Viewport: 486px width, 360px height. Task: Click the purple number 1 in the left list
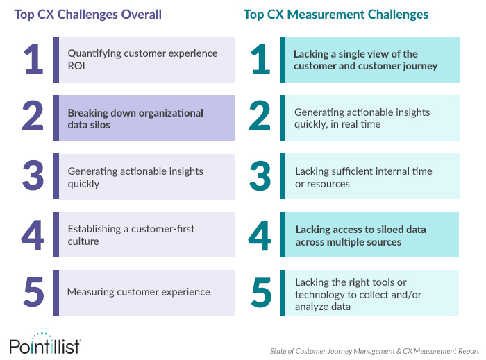pos(33,59)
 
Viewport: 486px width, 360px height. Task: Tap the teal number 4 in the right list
pos(260,236)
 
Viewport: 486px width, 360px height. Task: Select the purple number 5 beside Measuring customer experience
pos(33,292)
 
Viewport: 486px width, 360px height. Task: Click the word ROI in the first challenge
pos(76,66)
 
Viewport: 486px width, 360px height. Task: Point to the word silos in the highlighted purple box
pos(99,125)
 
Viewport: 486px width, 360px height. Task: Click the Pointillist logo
pos(45,343)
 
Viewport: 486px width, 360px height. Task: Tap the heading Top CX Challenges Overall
pos(88,15)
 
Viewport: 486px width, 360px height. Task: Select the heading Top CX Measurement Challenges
pos(336,15)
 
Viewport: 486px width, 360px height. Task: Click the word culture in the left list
pos(83,241)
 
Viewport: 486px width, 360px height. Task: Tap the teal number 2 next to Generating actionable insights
pos(260,116)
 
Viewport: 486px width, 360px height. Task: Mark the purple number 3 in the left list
pos(33,175)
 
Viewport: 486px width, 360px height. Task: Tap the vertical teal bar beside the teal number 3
pos(283,176)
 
